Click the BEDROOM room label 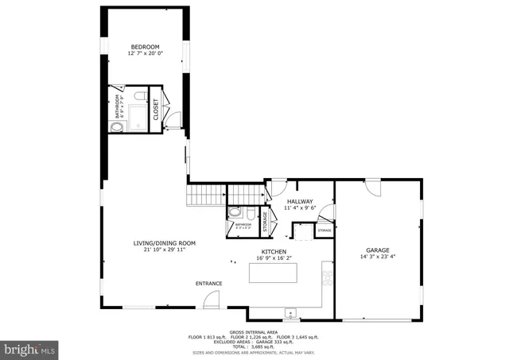(146, 48)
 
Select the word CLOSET (156, 109)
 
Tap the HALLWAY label (300, 202)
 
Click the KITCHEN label (274, 251)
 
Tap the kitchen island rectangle (275, 273)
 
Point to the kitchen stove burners (325, 277)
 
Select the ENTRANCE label (209, 283)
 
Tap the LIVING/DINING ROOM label (164, 242)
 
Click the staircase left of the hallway (205, 194)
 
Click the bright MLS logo (30, 348)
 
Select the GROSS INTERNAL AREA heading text (254, 331)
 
